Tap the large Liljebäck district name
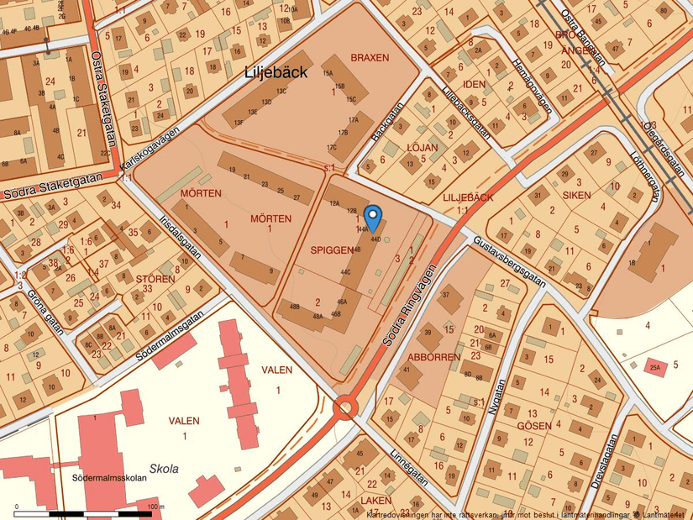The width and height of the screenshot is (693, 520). (x=276, y=72)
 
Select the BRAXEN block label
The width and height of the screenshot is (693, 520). (x=370, y=58)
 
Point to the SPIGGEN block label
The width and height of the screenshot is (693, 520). (x=331, y=249)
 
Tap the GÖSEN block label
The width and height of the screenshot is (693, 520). (x=534, y=426)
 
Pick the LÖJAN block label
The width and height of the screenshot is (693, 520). (x=422, y=147)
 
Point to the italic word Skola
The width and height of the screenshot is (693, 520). (x=164, y=469)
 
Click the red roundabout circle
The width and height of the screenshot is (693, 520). (x=345, y=409)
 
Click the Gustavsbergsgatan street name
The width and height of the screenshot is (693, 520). (x=510, y=260)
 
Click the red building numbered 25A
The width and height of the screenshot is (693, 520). (x=655, y=366)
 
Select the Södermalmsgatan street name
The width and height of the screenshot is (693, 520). (x=151, y=340)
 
